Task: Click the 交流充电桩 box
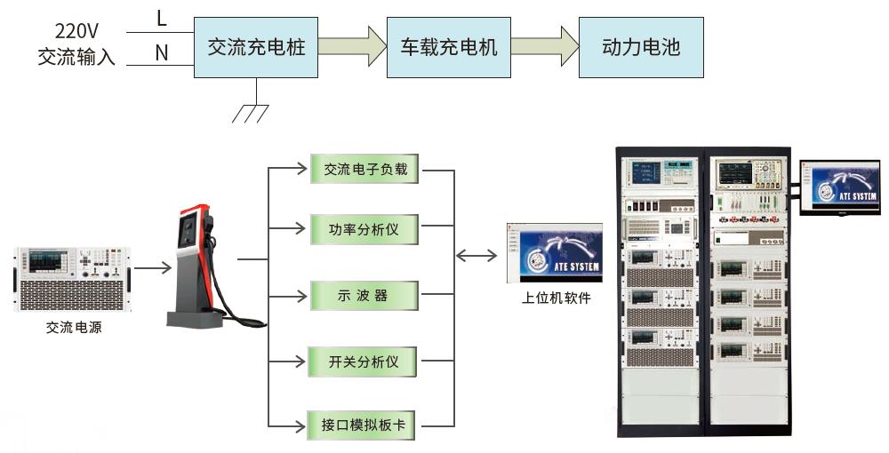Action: coord(256,47)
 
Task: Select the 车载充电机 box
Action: coord(449,47)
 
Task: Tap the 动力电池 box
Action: coord(641,47)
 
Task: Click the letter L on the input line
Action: coord(161,18)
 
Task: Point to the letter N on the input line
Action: coord(161,53)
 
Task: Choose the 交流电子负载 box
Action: coord(365,168)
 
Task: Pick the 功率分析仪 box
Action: coord(365,229)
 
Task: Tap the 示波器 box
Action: coord(365,295)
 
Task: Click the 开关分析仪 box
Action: coord(365,362)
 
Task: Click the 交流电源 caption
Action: coord(74,328)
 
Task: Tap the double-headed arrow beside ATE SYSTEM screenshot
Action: coord(477,255)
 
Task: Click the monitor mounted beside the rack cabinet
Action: coord(838,187)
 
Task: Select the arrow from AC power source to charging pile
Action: coord(153,266)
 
